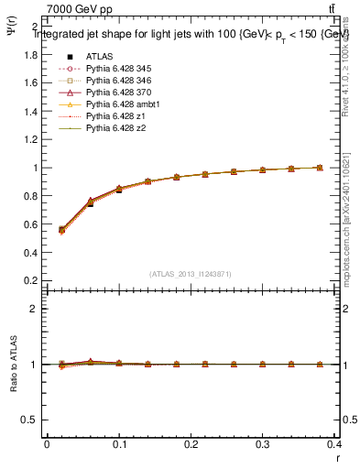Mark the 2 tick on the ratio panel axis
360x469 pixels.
(35, 309)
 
